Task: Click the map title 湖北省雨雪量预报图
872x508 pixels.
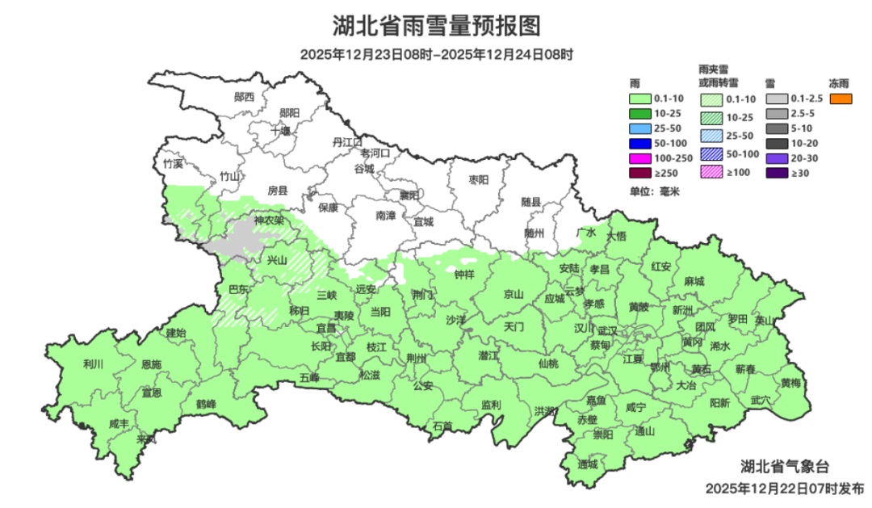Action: click(x=436, y=26)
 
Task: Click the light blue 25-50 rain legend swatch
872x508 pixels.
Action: click(x=641, y=128)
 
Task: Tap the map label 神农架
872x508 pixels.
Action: click(x=269, y=220)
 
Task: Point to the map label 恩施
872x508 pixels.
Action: click(x=151, y=365)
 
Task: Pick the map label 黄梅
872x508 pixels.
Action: click(x=790, y=383)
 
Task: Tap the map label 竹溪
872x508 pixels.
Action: click(x=173, y=163)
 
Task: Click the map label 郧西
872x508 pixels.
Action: click(x=244, y=97)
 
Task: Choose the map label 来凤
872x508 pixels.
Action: click(x=146, y=439)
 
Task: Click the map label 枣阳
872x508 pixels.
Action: click(x=480, y=180)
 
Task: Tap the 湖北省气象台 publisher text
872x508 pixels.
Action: click(x=785, y=466)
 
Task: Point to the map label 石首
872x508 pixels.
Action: click(x=442, y=426)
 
